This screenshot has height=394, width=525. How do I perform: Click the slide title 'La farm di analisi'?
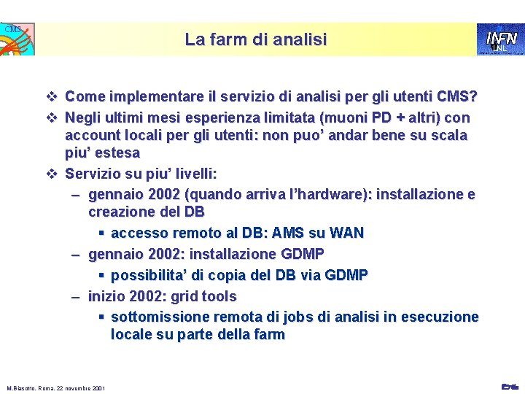[255, 39]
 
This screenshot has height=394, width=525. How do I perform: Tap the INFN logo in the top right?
[501, 39]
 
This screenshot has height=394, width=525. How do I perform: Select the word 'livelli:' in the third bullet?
[192, 174]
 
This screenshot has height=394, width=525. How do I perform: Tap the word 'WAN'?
[346, 233]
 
